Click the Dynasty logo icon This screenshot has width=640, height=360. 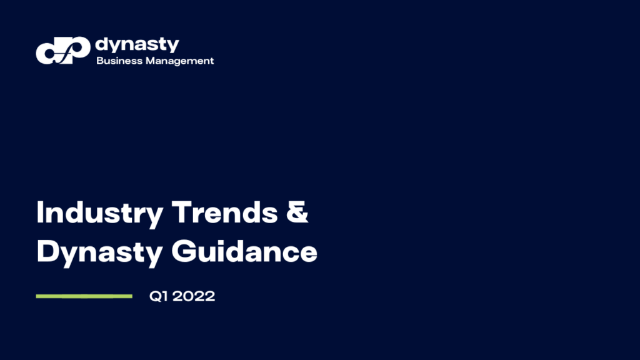click(x=62, y=51)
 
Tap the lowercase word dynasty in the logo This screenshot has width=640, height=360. click(x=137, y=45)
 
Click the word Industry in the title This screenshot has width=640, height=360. click(x=100, y=214)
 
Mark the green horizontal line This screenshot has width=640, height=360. click(x=84, y=296)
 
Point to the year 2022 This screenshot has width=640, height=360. click(x=194, y=297)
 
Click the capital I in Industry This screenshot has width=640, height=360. click(x=41, y=213)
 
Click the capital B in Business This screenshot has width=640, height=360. click(x=99, y=61)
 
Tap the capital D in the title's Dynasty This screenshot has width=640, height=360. click(x=47, y=252)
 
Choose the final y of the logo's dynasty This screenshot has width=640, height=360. click(x=173, y=46)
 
